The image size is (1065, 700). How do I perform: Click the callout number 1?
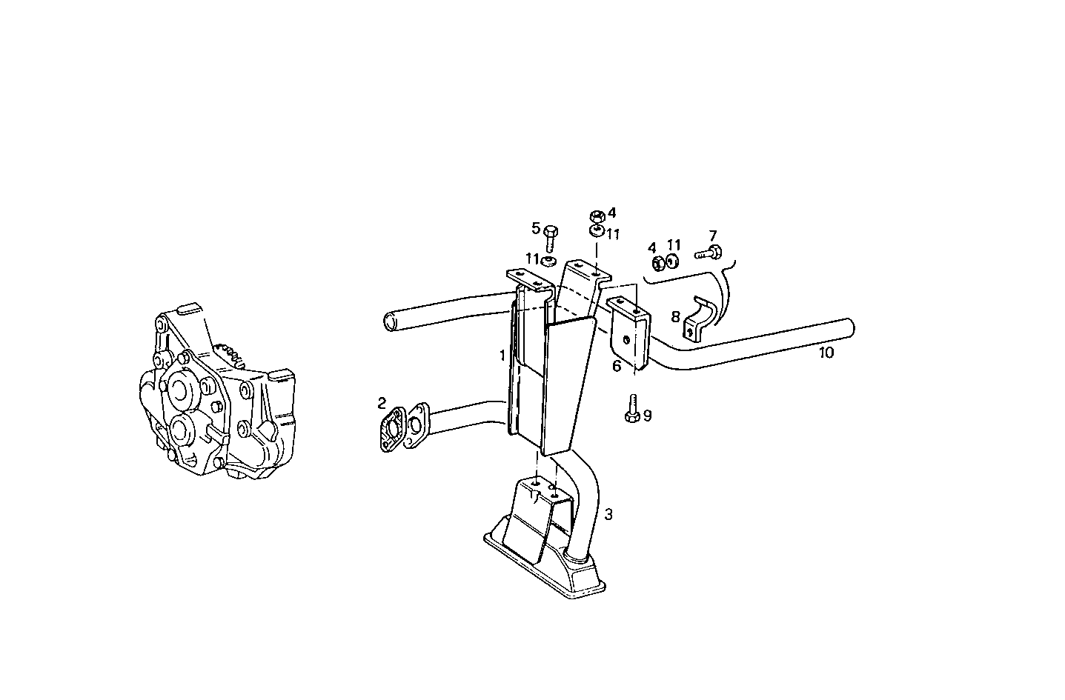[x=502, y=356]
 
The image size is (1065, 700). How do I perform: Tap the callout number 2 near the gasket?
[x=382, y=403]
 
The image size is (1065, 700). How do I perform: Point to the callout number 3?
[x=608, y=514]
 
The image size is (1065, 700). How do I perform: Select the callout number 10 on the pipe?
[x=826, y=353]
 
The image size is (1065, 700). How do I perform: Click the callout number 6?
[x=617, y=365]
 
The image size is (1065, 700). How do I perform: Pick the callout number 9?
[x=647, y=416]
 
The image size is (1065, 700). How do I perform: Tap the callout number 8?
[x=675, y=317]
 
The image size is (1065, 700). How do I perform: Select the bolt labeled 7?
[x=709, y=252]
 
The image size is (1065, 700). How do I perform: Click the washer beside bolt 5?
[x=549, y=261]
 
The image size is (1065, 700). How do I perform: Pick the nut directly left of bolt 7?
[x=657, y=261]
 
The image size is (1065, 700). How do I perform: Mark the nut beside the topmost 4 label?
[x=596, y=216]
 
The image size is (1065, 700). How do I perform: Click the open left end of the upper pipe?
[x=391, y=321]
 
